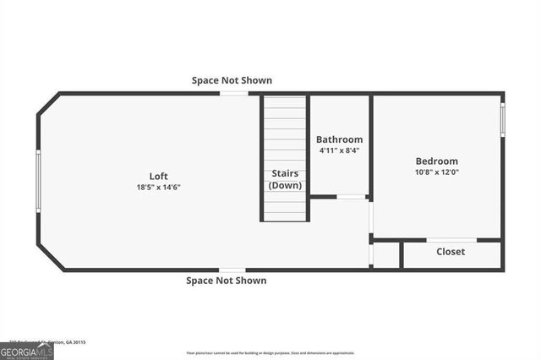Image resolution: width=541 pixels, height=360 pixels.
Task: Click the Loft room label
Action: coord(158,176)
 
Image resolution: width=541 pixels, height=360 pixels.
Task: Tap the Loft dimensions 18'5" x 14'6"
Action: coord(158,187)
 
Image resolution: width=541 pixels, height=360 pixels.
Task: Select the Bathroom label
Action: coord(339,139)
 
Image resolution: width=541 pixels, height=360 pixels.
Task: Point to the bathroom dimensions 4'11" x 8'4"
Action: coord(339,150)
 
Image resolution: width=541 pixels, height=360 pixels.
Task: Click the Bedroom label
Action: coord(436,161)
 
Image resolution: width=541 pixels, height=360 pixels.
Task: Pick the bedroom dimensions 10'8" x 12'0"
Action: coord(436,172)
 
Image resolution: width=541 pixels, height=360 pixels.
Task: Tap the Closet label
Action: coord(450,251)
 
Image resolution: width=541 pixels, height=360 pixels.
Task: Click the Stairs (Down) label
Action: coord(285,179)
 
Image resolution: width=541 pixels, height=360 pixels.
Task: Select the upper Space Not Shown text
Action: coord(232,80)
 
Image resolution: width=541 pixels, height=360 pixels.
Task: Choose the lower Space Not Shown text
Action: coord(226,281)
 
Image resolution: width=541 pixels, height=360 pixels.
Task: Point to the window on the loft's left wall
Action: coord(38,181)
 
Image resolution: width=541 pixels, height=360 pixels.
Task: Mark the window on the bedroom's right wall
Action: coord(503,119)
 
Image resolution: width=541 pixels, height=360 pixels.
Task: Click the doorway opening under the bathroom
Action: coord(351,197)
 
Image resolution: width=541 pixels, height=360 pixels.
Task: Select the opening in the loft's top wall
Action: coord(234,93)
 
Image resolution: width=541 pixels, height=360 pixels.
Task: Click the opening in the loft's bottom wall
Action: coord(232,270)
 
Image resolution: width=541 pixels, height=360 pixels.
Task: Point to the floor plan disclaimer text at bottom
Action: coord(270,352)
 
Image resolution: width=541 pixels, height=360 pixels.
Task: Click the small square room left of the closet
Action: coord(385,255)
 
